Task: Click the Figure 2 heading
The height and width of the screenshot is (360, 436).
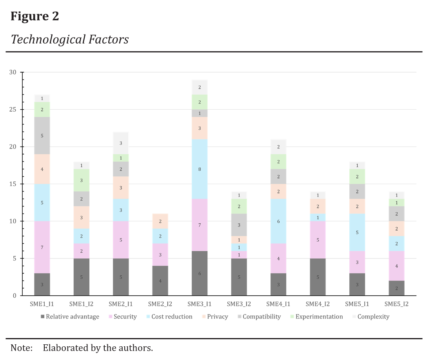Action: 35,16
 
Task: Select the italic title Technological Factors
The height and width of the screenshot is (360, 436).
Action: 70,39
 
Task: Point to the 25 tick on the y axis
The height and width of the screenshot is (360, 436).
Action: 13,110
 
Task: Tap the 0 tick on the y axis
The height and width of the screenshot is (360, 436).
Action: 15,296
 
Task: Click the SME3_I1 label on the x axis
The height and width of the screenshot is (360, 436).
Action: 200,304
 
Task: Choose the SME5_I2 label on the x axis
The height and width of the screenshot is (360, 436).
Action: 396,304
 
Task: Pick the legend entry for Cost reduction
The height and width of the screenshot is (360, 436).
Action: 172,317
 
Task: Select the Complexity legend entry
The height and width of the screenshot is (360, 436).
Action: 373,317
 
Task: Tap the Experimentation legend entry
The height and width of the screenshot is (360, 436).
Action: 319,317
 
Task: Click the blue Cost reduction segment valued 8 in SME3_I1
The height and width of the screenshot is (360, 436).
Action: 200,169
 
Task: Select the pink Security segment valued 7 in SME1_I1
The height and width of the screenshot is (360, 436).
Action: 42,247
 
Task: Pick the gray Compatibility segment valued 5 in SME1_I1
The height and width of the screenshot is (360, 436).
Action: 42,136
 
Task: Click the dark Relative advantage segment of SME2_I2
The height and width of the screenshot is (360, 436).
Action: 160,281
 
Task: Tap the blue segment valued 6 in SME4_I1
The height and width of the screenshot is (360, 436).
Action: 278,221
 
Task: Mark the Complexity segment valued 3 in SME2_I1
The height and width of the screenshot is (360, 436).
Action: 121,143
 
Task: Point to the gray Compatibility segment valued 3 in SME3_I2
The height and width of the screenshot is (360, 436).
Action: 239,225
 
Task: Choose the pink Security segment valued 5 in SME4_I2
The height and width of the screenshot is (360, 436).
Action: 318,240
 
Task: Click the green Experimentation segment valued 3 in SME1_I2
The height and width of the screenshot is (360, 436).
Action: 82,180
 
